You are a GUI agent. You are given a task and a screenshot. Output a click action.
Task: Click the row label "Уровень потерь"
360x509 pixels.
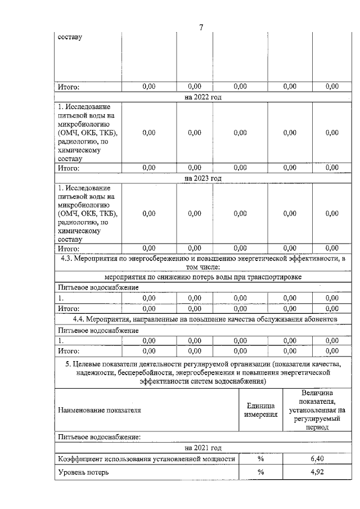tap(83, 472)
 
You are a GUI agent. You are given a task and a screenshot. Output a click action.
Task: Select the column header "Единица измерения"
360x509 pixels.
tap(261, 410)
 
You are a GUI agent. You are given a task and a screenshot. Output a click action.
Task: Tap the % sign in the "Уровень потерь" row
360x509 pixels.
tap(261, 472)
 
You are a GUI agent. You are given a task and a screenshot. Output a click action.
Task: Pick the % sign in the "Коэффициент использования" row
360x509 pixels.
tap(261, 458)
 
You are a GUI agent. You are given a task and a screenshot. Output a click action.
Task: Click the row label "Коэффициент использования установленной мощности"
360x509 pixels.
tap(146, 459)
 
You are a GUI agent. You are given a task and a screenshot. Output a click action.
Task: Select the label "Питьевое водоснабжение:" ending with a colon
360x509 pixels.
tap(99, 436)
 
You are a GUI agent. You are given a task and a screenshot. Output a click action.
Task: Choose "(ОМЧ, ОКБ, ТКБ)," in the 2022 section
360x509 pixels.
tap(88, 133)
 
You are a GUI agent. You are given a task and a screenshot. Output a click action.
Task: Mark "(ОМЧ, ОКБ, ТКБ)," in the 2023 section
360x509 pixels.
tap(88, 213)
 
